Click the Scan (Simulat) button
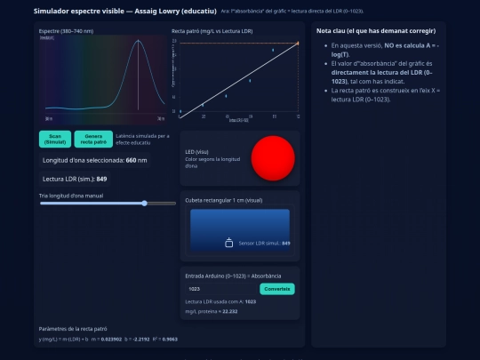[x=55, y=139]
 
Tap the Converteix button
[x=276, y=289]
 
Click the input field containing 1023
[x=220, y=289]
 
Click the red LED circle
[x=273, y=159]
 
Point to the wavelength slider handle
[x=144, y=204]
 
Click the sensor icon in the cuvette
[x=228, y=243]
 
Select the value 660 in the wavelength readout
[x=131, y=160]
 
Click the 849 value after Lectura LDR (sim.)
[x=101, y=179]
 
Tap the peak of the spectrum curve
[x=139, y=41]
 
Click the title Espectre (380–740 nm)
[x=66, y=31]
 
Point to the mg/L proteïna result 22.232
[x=229, y=311]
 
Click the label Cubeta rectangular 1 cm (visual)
[x=223, y=201]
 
